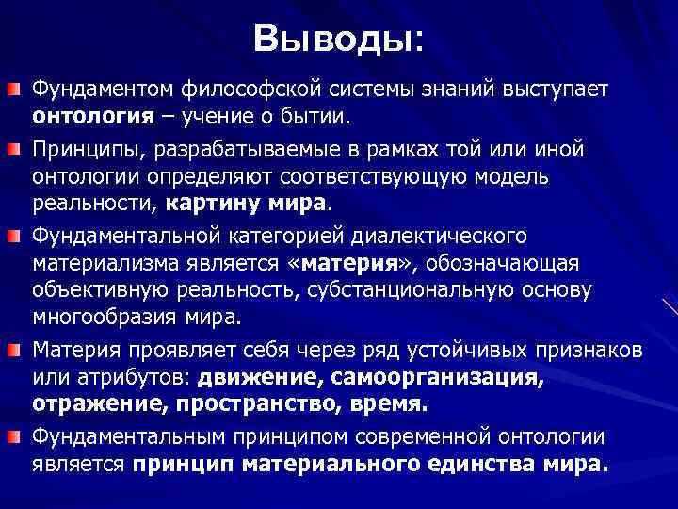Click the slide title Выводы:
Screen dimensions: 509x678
(x=338, y=39)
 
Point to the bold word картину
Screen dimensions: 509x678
(x=208, y=203)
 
